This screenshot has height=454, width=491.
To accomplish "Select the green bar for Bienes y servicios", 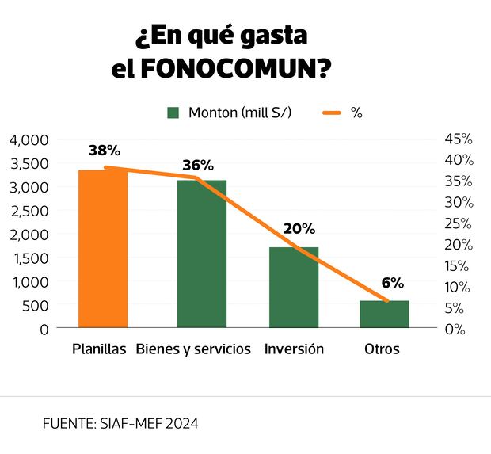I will point(201,254).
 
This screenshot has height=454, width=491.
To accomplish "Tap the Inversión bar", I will point(293,287).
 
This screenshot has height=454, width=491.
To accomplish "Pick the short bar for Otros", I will point(384,314).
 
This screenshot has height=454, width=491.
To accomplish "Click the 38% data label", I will point(104,150).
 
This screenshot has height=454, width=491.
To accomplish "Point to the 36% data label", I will point(197,165).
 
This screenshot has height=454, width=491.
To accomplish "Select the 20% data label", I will point(299,228).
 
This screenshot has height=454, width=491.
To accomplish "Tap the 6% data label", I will point(392,282).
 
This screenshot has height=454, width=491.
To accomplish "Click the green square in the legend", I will point(173,113).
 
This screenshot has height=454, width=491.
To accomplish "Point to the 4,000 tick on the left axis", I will point(29,139).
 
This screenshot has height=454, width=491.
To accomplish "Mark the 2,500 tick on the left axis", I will point(29,210).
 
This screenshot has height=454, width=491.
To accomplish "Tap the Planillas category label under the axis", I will point(99,349).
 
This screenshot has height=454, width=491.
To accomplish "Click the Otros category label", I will point(382,349).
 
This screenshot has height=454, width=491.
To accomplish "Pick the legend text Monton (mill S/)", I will point(240,113).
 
